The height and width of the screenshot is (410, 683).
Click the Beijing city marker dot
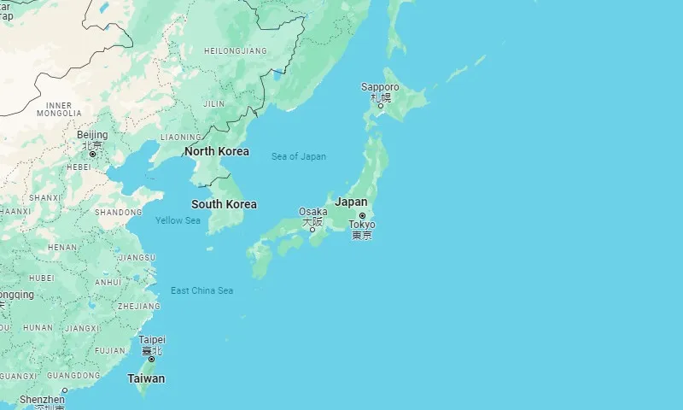[x=92, y=154]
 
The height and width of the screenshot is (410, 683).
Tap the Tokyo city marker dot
[x=362, y=215]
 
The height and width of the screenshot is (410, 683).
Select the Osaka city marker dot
[x=312, y=230]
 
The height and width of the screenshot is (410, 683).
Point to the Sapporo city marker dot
[x=381, y=105]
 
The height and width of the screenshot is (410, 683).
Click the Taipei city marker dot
[x=152, y=359]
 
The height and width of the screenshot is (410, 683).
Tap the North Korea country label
[x=217, y=151]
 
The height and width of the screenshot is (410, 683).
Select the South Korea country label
[x=224, y=204]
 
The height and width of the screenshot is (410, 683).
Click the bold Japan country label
[x=351, y=202]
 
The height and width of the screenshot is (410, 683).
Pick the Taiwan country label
[x=146, y=378]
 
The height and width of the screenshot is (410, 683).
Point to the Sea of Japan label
[x=298, y=156]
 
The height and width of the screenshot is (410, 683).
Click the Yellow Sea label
[x=178, y=220]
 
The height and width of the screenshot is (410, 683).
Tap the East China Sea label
[x=201, y=290]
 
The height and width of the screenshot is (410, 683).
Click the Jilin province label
[x=214, y=103]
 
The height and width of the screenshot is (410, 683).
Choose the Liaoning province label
[x=180, y=137]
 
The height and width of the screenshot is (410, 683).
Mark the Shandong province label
[x=118, y=212]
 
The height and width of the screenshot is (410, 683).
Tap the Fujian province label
[x=109, y=350]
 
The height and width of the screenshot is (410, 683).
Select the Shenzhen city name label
[x=42, y=399]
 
